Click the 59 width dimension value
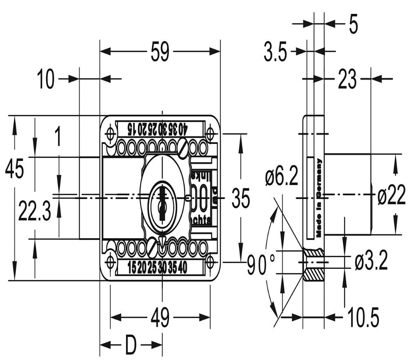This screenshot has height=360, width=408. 160,52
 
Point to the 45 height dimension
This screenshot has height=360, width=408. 14,168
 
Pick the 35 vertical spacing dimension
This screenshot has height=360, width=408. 241,199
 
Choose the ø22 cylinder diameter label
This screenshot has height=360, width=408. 391,197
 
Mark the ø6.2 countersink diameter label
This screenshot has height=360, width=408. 281,178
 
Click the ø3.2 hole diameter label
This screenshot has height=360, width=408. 371,262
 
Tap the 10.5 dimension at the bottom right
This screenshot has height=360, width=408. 363,317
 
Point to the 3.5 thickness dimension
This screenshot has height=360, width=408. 275,53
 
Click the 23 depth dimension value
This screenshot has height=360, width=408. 347,79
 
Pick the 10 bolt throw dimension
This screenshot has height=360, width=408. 46,79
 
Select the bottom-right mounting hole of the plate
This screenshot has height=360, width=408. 210,261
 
